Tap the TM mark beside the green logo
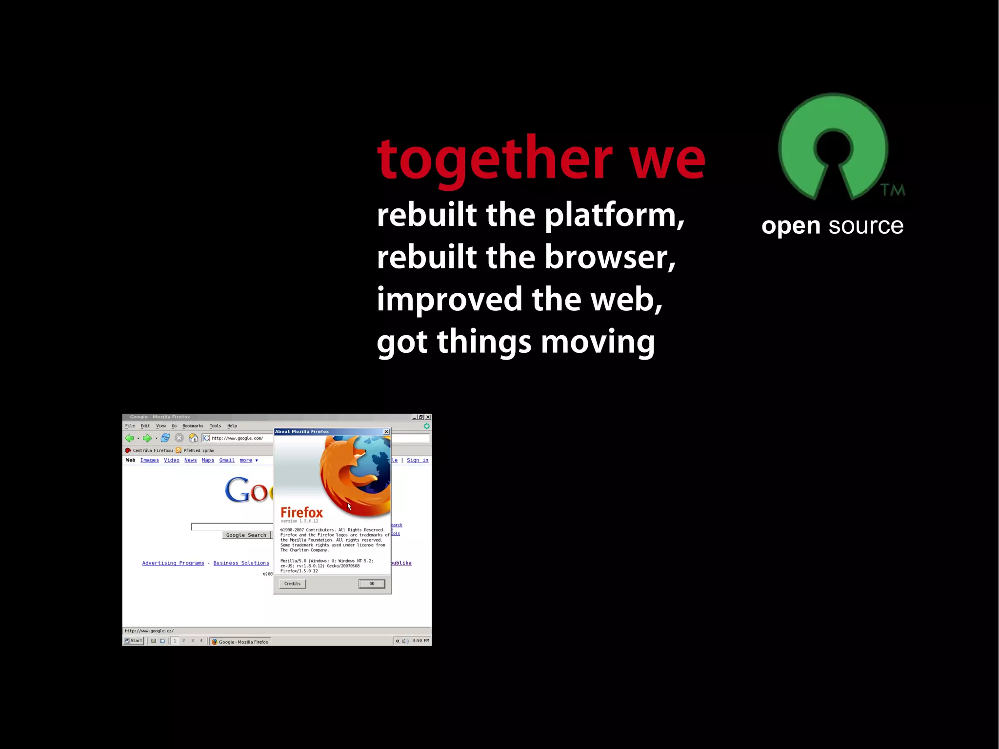pos(893,190)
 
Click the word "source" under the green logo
pos(866,226)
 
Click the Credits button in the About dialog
pos(292,584)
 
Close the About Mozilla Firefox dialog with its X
pos(386,432)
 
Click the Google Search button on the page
pos(246,535)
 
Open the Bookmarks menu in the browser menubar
pos(193,426)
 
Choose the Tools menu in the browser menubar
pos(215,426)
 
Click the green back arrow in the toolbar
pos(129,438)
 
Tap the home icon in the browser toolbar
pos(193,438)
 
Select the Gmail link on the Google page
pos(227,460)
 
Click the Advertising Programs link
pos(173,563)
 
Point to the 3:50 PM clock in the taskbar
pos(420,641)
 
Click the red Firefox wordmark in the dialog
pos(301,512)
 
